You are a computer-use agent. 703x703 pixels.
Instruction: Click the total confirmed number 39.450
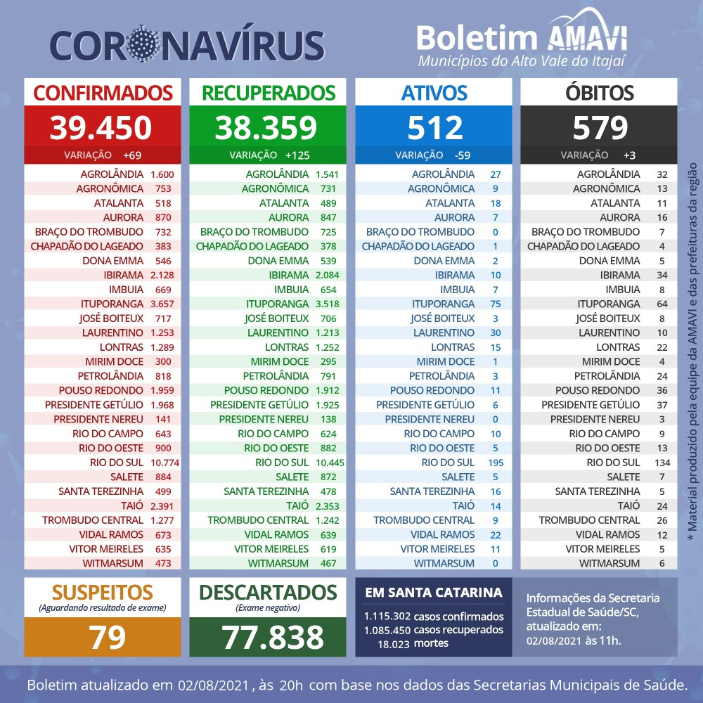(101, 127)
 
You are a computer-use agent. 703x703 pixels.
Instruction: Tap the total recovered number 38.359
(266, 127)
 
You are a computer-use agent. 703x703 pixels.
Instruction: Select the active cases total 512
(433, 127)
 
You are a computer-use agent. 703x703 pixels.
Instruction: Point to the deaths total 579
(599, 127)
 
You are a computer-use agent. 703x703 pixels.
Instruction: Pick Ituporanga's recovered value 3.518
(327, 304)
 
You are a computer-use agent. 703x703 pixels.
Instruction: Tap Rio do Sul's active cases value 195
(496, 463)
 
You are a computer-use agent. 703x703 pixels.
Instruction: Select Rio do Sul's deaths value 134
(662, 463)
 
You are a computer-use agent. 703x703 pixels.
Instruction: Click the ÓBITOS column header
(599, 93)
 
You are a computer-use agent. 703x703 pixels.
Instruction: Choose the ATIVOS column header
(433, 93)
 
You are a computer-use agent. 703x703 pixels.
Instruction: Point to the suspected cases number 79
(107, 637)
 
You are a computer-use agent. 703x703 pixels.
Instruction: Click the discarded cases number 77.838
(273, 637)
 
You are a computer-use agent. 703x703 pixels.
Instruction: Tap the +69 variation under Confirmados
(132, 155)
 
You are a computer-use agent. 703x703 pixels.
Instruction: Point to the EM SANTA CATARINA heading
(434, 593)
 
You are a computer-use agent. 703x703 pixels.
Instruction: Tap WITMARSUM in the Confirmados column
(112, 563)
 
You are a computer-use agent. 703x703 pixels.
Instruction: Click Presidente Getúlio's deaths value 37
(662, 405)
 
